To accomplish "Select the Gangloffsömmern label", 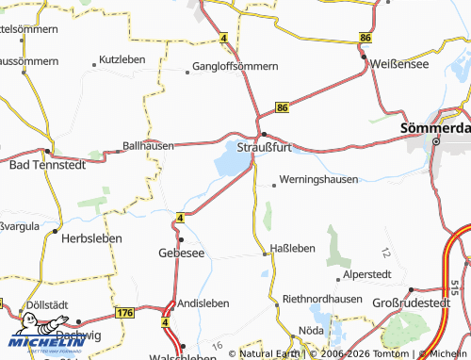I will point(235,67).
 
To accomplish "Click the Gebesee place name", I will point(181,254).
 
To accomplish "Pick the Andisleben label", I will point(203,303).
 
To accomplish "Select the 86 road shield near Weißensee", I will point(365,37).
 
